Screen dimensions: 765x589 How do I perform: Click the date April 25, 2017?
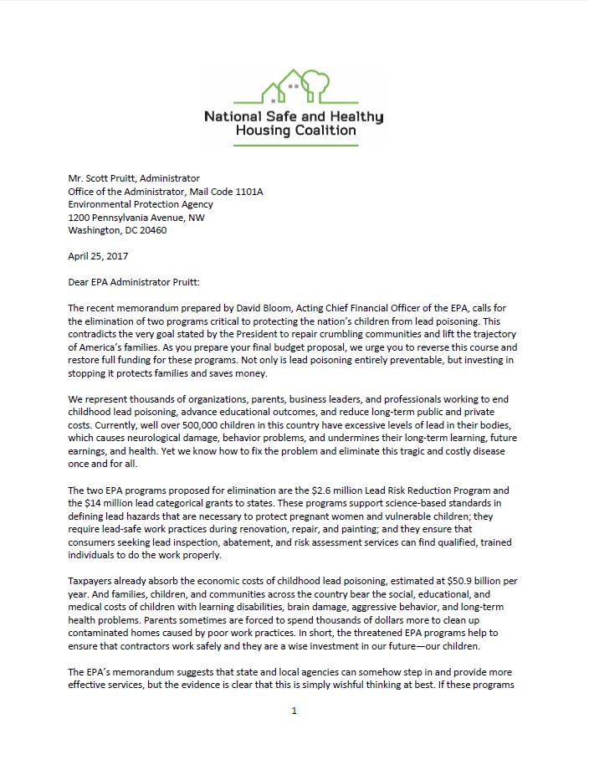coord(98,256)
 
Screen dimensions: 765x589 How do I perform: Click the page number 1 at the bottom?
coord(294,711)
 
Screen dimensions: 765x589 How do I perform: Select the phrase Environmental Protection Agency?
coord(141,204)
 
